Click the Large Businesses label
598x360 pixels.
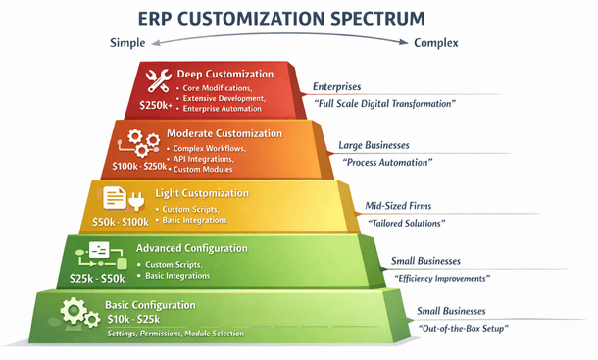(x=375, y=145)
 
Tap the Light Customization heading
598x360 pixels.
(x=201, y=192)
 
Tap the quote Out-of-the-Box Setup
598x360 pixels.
(x=463, y=327)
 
